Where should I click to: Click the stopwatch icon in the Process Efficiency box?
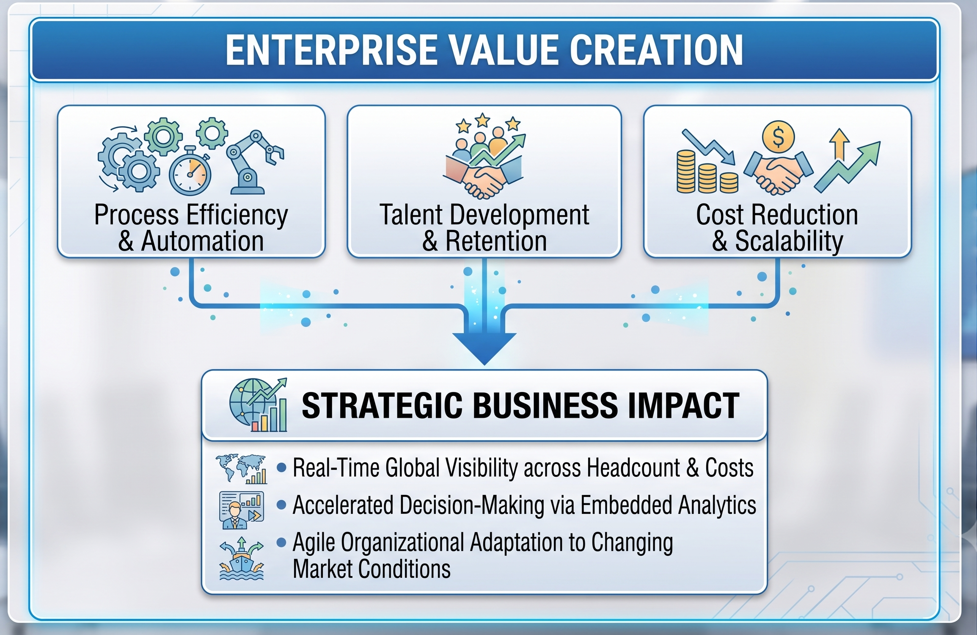click(x=190, y=171)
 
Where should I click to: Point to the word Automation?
click(x=202, y=241)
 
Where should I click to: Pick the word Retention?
click(x=496, y=241)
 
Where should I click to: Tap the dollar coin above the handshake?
click(x=778, y=137)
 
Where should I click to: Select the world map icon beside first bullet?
click(x=242, y=469)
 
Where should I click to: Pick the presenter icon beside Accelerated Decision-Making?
click(x=242, y=510)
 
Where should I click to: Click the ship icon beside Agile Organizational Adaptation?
click(x=242, y=558)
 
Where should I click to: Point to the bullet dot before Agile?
click(x=281, y=542)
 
